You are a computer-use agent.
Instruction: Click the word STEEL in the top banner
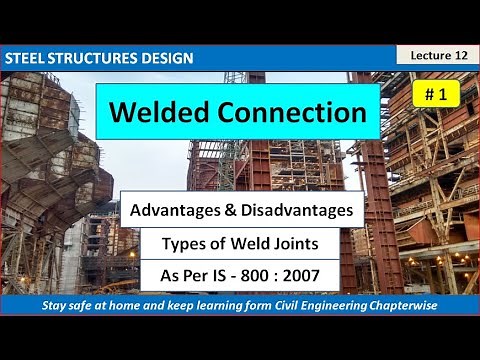click(27, 58)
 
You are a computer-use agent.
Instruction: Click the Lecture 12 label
click(437, 56)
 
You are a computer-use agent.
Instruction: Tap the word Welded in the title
click(163, 113)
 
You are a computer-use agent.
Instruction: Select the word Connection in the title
click(295, 113)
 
